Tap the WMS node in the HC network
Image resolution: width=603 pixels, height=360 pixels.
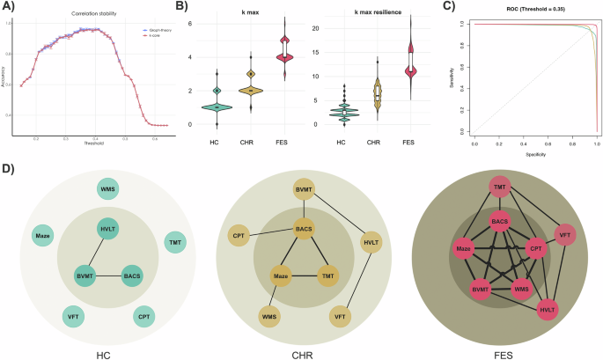(108, 189)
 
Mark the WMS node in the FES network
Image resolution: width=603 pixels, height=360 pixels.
(521, 289)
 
